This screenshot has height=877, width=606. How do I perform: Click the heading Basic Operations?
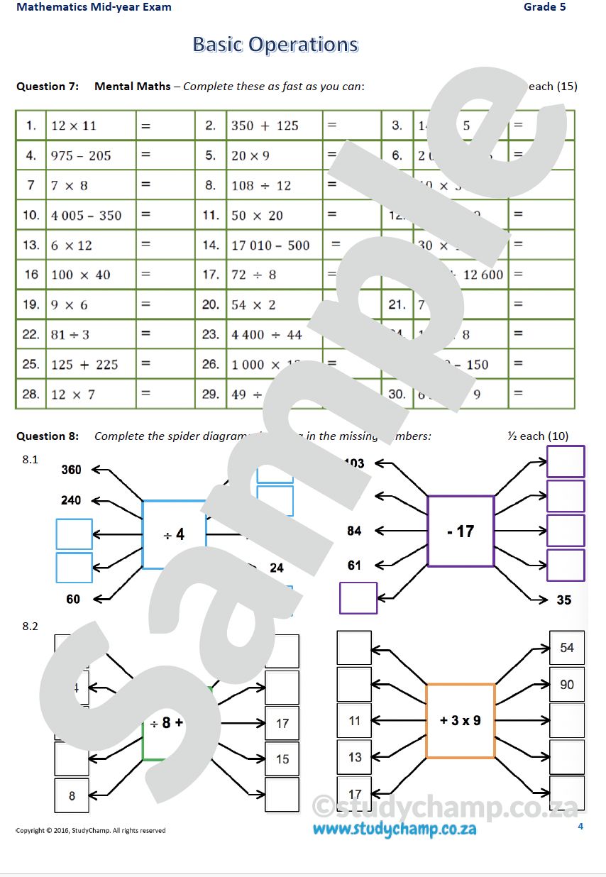[x=275, y=45]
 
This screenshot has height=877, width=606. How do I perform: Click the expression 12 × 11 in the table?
[x=74, y=126]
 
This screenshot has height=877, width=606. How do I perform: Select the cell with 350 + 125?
[x=265, y=126]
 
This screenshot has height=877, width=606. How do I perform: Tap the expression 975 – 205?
[x=81, y=155]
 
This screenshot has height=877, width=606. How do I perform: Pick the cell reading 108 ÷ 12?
[x=261, y=185]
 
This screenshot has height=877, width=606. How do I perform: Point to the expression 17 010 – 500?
[x=270, y=246]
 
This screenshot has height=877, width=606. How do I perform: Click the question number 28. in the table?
[x=31, y=395]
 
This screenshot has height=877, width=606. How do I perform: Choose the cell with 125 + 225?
[x=84, y=365]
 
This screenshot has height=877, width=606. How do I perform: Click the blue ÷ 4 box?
[x=174, y=534]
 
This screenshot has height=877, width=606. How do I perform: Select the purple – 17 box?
[x=461, y=531]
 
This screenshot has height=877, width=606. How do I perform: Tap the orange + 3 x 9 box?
[x=461, y=720]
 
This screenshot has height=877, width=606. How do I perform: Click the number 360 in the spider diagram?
[x=71, y=470]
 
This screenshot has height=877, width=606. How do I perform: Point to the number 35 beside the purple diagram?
[x=563, y=600]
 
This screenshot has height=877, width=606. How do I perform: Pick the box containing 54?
[x=567, y=648]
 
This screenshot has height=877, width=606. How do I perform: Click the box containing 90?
[x=567, y=685]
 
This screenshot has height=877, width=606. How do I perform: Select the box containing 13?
[x=355, y=758]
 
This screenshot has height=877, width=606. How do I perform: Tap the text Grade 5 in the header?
[x=544, y=7]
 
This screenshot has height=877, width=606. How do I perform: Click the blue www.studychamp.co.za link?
[x=395, y=828]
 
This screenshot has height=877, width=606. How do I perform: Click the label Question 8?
[x=48, y=436]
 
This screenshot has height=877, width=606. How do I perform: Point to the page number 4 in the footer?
[x=580, y=826]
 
